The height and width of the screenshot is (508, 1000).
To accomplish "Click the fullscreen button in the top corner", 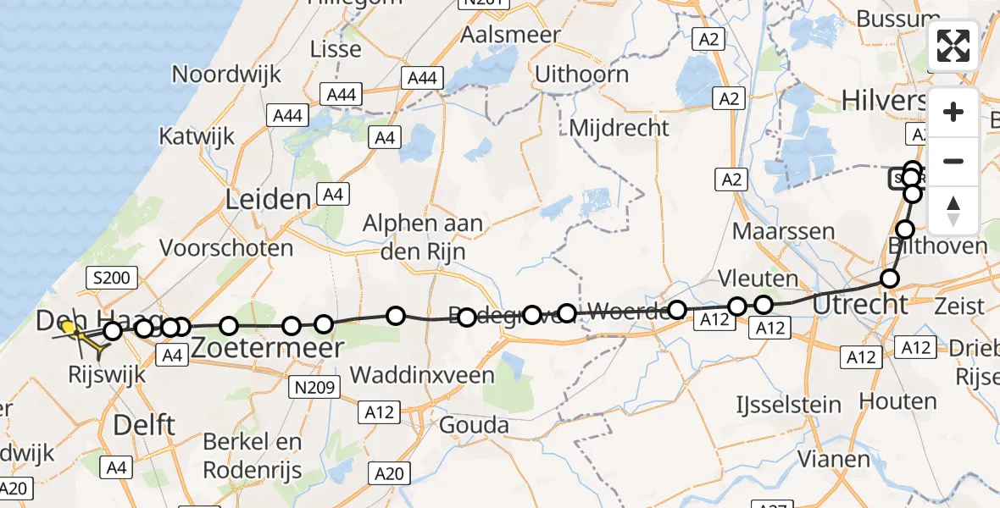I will [953, 46].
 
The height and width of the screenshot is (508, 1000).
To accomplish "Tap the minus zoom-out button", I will [953, 161].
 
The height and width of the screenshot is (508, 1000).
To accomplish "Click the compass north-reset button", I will [953, 210].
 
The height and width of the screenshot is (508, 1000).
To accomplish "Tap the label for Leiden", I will [268, 201].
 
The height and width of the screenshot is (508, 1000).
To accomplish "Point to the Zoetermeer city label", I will [268, 347].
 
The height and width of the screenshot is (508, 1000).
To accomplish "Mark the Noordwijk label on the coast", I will [226, 74].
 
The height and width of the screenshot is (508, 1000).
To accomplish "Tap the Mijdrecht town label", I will [619, 128].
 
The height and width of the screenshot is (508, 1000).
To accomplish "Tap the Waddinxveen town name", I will [422, 373].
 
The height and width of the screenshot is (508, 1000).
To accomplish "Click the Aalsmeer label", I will [510, 35].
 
